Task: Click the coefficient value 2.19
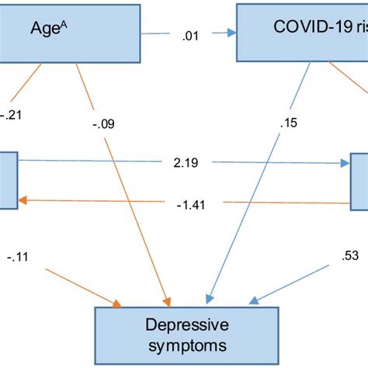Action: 182,164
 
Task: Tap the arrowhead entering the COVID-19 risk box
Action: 231,33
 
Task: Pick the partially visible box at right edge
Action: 359,180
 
